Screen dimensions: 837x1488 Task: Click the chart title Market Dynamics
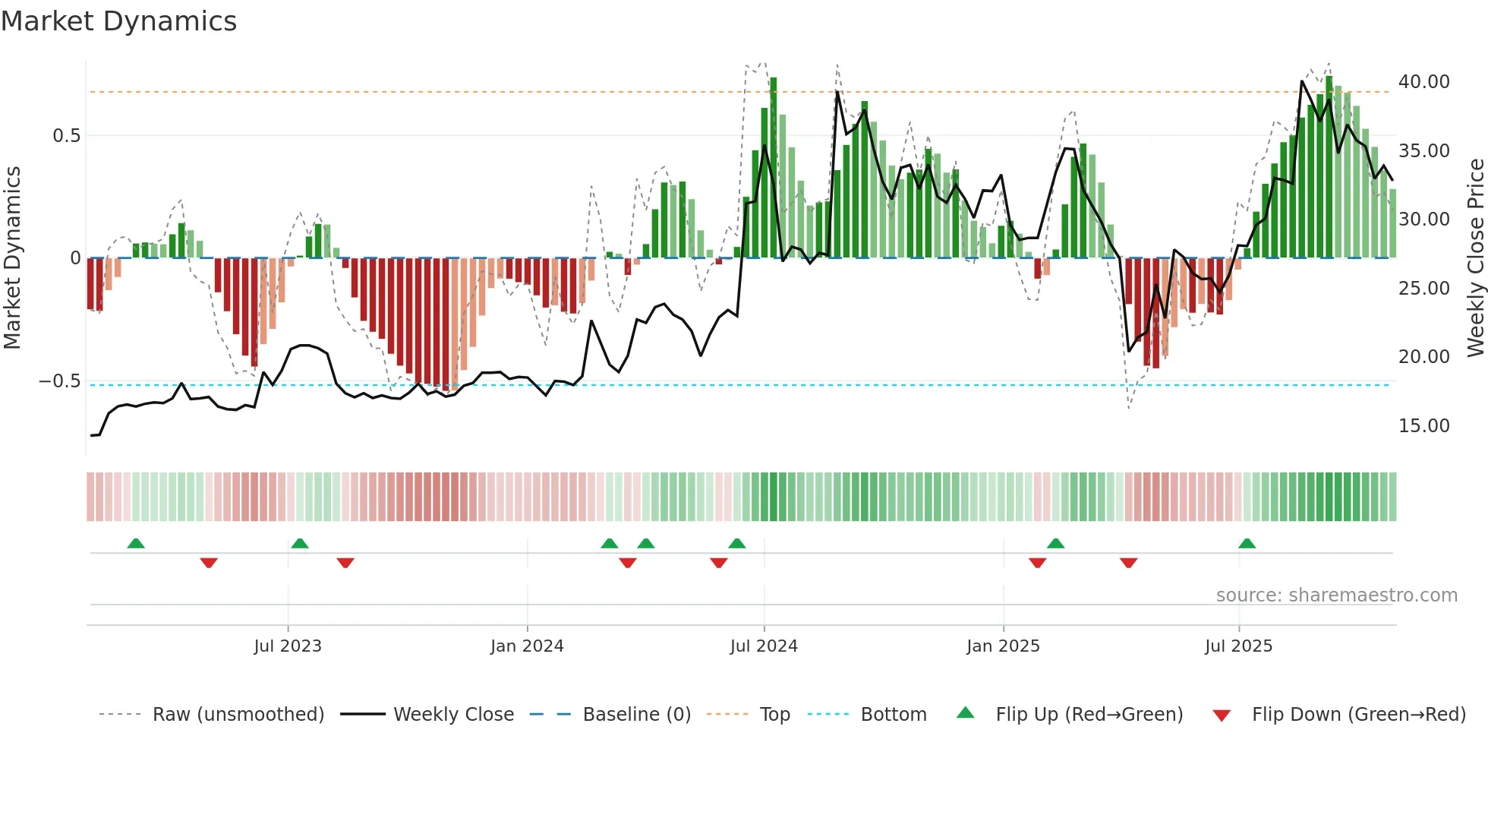(x=118, y=21)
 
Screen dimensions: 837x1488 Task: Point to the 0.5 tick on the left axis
(x=66, y=136)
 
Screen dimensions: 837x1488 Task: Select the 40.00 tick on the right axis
(x=1423, y=82)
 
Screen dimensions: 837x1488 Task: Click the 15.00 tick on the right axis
(x=1423, y=426)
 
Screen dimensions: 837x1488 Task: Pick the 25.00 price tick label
(x=1423, y=289)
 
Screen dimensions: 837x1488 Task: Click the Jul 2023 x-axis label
(x=288, y=646)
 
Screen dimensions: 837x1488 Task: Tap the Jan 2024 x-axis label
(x=527, y=646)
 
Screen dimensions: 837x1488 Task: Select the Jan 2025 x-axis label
(x=1003, y=646)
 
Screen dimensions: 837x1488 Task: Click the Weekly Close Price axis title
(x=1475, y=257)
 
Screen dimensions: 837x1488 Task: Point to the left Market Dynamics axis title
(x=12, y=257)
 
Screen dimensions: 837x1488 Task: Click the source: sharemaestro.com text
(x=1336, y=595)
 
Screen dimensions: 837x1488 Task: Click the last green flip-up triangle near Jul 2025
(x=1247, y=544)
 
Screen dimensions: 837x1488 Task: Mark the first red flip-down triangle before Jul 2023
(x=209, y=563)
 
